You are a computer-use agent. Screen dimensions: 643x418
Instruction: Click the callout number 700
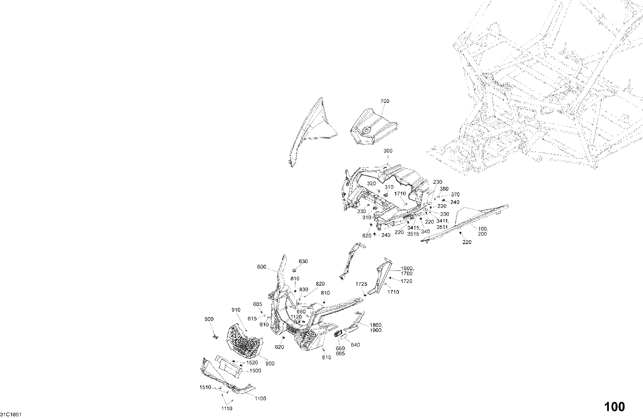385,101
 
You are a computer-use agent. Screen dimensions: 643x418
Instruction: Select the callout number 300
388,151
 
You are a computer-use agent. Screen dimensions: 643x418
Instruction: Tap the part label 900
209,319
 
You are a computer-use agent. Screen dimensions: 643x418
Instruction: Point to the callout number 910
236,310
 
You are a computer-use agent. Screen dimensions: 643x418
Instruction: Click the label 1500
255,371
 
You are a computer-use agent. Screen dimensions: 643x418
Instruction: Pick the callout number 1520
252,363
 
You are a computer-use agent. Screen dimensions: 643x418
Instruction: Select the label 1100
260,399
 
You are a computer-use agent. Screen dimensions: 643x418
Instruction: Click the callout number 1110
226,409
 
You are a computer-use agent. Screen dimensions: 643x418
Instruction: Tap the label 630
303,261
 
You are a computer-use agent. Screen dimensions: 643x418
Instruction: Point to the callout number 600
262,267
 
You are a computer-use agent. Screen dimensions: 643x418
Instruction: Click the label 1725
361,284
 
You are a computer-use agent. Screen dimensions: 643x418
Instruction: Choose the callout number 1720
406,281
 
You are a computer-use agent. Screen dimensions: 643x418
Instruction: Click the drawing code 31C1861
11,415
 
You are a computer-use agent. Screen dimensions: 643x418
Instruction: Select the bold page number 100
615,407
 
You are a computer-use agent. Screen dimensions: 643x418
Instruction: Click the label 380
444,189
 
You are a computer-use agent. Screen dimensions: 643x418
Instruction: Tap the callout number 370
455,195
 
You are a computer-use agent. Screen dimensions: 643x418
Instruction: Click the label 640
355,345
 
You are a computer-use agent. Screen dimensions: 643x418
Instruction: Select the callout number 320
371,184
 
